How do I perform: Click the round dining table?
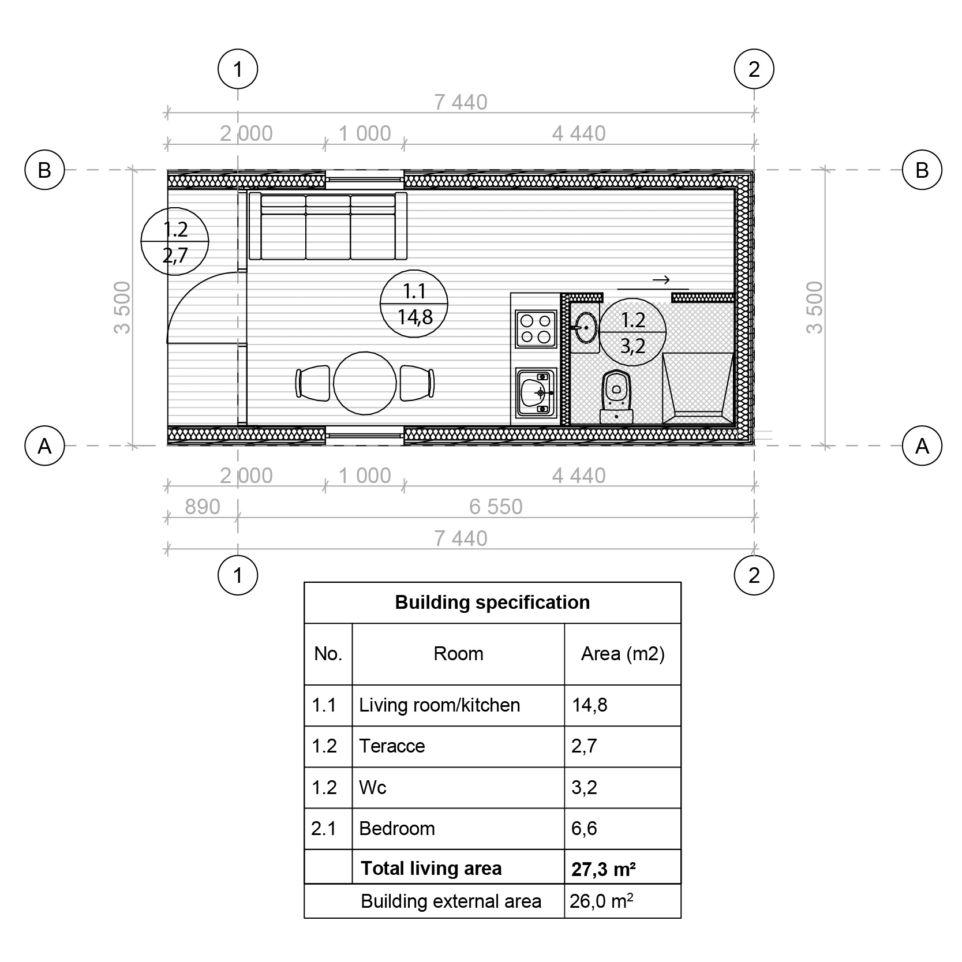[x=365, y=383]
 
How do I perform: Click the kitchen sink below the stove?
[x=536, y=393]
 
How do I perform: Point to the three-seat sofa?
[x=328, y=226]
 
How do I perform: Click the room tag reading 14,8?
[x=414, y=304]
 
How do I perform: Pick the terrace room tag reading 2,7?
[x=175, y=241]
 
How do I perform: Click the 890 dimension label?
[x=202, y=507]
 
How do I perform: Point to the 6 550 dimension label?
[x=496, y=507]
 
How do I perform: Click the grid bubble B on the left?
[x=44, y=170]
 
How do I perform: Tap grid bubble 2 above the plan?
[x=754, y=69]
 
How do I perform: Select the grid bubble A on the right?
[x=922, y=446]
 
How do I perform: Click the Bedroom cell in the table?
[x=397, y=829]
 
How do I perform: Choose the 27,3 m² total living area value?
[x=604, y=869]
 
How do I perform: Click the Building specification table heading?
[x=492, y=602]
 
